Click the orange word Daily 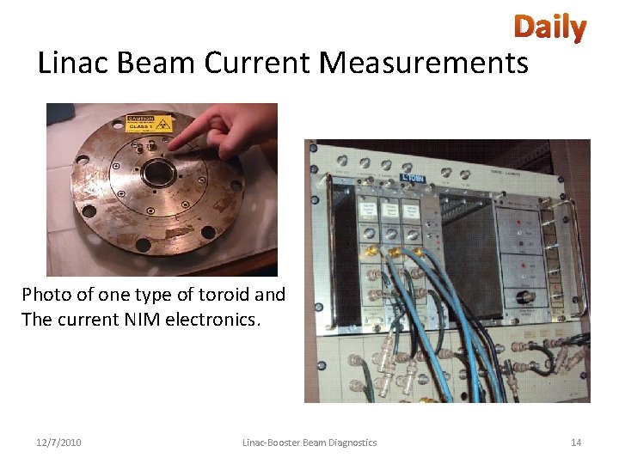(549, 27)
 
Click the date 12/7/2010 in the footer (58, 443)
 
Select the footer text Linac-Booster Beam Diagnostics (309, 443)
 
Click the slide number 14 (576, 443)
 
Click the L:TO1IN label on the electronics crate (413, 179)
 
